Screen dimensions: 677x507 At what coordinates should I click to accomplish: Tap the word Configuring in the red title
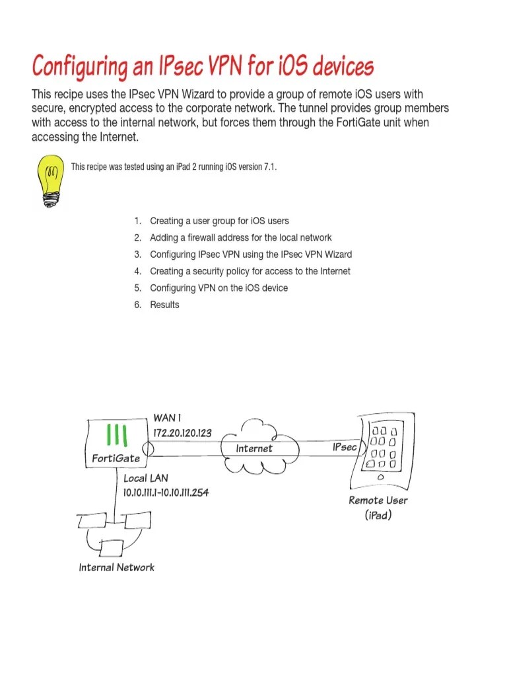75,67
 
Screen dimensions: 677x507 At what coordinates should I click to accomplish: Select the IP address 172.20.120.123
182,432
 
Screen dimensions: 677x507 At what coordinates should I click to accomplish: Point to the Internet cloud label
254,448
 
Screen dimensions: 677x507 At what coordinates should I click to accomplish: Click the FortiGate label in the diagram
116,458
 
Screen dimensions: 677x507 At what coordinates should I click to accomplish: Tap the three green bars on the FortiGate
118,434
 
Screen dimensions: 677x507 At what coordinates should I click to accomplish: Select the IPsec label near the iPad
345,448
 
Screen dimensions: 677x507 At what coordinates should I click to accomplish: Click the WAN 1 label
167,418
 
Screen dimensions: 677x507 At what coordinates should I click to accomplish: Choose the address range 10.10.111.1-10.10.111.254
166,492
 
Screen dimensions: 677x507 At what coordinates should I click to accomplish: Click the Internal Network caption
116,567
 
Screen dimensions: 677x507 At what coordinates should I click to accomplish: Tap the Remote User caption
378,500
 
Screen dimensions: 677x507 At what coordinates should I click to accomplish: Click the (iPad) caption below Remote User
378,514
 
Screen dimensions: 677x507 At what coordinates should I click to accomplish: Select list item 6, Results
164,305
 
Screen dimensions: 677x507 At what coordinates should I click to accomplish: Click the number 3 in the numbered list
137,255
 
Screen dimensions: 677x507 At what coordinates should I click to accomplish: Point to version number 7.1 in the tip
269,167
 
